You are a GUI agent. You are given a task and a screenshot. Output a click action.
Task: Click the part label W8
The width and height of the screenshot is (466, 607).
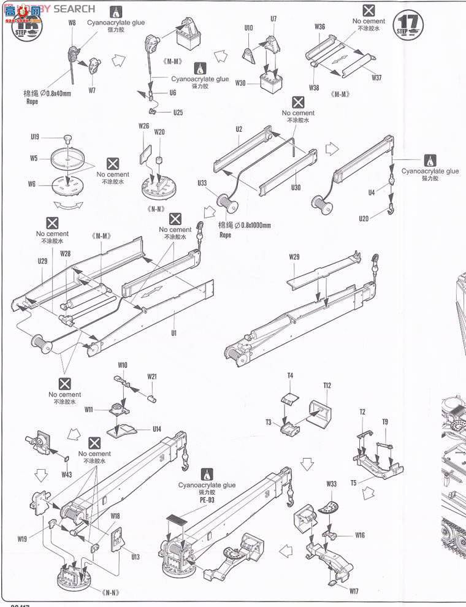[x=72, y=23]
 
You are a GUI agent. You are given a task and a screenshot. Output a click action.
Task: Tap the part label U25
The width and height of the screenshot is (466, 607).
[x=178, y=112]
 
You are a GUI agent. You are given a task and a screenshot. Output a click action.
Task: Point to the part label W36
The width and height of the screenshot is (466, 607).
[x=319, y=27]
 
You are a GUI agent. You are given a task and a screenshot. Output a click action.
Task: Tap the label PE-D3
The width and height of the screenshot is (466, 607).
[x=207, y=500]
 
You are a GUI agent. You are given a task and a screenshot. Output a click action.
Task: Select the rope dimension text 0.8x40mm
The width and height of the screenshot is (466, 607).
[x=47, y=94]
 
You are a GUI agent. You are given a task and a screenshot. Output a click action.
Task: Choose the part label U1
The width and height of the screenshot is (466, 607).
[x=174, y=332]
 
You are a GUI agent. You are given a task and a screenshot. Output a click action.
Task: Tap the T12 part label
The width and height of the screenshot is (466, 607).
[x=327, y=385]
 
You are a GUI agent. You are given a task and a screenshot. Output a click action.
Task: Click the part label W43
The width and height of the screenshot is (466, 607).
[x=67, y=474]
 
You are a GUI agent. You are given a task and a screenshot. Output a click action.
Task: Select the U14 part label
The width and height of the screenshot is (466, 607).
[x=157, y=429]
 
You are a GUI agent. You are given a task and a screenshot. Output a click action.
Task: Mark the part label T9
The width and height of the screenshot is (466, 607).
[x=385, y=421]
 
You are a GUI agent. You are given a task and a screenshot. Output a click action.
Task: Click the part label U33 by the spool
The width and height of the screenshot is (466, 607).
[x=202, y=183]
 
